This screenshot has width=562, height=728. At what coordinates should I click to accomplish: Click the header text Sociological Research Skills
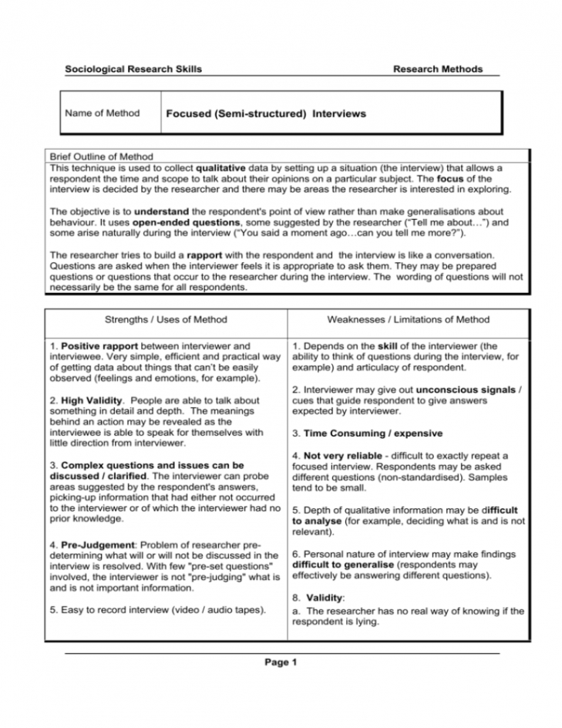(x=133, y=69)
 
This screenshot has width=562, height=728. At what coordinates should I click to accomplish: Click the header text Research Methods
(x=437, y=69)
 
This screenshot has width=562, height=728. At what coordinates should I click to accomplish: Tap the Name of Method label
(x=103, y=113)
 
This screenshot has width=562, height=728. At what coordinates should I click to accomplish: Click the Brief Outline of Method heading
(x=100, y=157)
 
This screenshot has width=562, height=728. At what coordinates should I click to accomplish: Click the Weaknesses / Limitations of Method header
(x=408, y=319)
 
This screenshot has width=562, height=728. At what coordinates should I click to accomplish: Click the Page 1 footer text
(x=281, y=662)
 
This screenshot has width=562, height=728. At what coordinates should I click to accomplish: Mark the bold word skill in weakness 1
(x=386, y=346)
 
